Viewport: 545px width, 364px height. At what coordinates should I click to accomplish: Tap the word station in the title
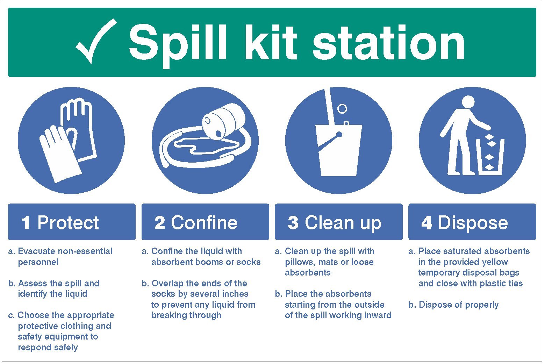click(388, 44)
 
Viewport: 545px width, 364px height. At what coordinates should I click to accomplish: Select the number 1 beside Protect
click(26, 223)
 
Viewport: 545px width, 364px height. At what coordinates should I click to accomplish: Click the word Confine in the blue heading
click(204, 223)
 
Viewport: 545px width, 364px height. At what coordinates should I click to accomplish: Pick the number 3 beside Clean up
click(293, 223)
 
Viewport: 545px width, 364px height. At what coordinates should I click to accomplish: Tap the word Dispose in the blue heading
click(473, 223)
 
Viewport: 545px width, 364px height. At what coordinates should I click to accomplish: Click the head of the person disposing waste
click(468, 102)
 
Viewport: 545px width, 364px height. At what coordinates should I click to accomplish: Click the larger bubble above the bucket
click(342, 109)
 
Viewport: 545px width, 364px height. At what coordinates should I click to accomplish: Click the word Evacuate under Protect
click(36, 251)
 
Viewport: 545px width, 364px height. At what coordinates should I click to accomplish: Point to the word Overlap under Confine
click(167, 283)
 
